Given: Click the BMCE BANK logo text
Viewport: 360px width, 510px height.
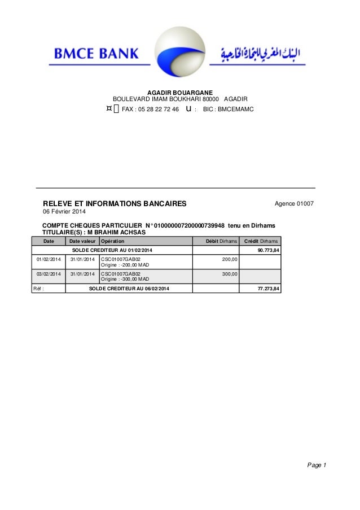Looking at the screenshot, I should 96,54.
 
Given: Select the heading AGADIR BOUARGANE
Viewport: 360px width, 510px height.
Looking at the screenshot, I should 180,91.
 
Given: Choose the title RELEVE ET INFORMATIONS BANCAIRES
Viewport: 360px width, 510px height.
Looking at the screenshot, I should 115,203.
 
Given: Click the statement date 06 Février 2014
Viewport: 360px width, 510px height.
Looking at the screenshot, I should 65,212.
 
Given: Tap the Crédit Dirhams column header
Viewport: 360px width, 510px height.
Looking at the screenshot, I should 261,241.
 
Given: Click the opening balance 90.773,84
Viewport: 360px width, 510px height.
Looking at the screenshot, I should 268,250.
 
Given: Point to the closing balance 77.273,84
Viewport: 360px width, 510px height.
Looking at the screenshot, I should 268,289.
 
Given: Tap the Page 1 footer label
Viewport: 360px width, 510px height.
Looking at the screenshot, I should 317,465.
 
